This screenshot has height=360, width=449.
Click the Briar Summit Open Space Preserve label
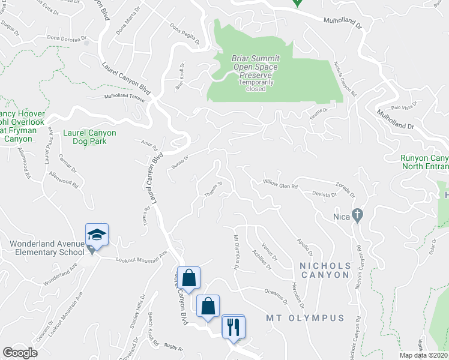(x=255, y=67)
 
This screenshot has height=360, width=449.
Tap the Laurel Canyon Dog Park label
(x=89, y=137)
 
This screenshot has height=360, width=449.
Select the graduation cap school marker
(x=97, y=233)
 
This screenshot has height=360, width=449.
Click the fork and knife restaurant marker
(x=233, y=326)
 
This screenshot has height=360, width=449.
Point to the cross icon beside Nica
(x=357, y=215)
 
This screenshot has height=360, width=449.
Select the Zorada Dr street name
(x=345, y=189)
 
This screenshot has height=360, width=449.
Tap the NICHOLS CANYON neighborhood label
(x=322, y=270)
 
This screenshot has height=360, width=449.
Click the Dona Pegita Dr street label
(x=184, y=34)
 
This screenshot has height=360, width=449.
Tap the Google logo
(x=20, y=353)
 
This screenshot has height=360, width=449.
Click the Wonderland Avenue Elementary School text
(x=46, y=248)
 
